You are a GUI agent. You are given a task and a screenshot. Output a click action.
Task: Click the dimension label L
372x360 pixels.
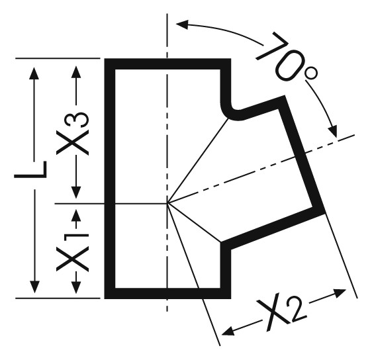click(30, 169)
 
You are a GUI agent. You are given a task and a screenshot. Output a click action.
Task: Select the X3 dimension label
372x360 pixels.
click(73, 133)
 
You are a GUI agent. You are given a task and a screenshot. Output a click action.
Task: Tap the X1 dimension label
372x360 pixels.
click(73, 252)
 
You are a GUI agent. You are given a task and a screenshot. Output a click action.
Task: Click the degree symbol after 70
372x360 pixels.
click(311, 73)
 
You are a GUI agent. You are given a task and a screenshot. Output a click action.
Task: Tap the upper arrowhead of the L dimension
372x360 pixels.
click(34, 73)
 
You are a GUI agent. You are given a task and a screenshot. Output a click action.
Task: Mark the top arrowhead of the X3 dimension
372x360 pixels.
click(76, 72)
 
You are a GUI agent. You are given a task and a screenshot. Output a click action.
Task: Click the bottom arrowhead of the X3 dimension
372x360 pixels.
click(76, 193)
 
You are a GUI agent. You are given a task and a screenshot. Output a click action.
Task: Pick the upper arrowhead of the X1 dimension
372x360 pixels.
click(76, 215)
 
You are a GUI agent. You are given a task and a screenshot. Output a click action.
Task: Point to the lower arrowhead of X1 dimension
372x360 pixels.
click(76, 287)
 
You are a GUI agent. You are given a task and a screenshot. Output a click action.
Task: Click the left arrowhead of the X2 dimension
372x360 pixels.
click(228, 331)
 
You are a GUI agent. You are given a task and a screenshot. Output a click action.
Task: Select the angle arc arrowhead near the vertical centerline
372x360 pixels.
click(182, 24)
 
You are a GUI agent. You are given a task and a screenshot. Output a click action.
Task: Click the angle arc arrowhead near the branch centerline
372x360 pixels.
click(333, 132)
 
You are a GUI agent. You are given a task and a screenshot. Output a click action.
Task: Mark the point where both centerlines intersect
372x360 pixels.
click(167, 203)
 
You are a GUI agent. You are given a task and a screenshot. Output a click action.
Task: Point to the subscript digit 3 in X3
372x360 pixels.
click(81, 120)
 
